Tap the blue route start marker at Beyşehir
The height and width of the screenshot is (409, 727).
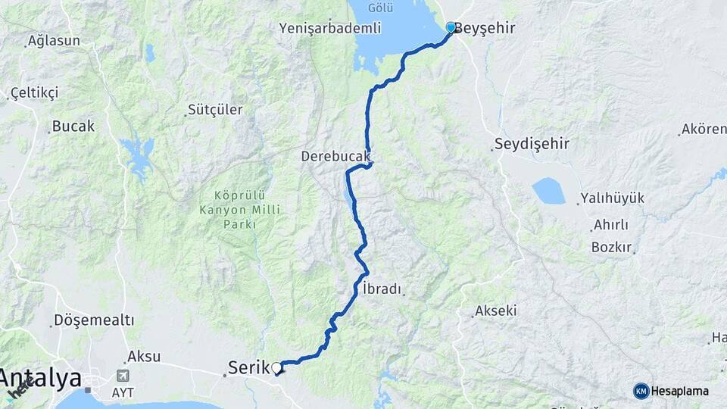pos(451,28)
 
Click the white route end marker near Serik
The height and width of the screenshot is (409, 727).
pos(277,368)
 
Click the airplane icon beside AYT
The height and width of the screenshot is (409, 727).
pos(123,376)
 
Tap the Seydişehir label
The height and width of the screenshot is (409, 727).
pos(532,144)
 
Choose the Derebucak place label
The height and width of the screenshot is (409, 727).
pos(335,157)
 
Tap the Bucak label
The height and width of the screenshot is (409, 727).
pos(73,126)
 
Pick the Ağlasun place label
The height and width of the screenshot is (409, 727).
pos(54,41)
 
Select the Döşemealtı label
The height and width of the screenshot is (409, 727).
pos(94,320)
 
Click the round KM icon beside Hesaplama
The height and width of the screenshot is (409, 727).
pos(641,391)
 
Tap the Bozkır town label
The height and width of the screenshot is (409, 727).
pos(612,248)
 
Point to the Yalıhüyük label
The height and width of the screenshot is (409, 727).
pos(612,198)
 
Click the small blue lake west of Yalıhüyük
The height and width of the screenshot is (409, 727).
pos(548,191)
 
